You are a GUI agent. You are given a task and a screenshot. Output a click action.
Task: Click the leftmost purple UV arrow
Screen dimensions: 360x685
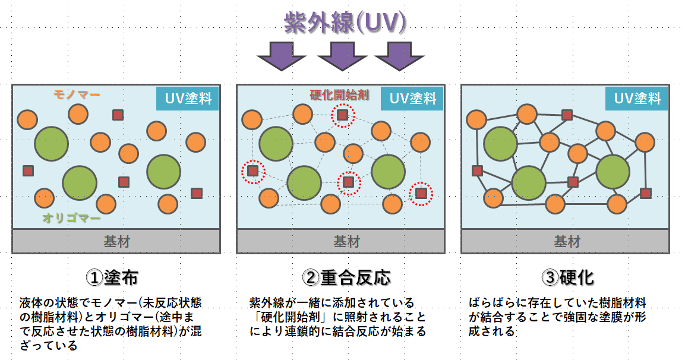coord(281,56)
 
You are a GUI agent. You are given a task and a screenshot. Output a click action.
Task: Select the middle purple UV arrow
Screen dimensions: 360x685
coord(342,56)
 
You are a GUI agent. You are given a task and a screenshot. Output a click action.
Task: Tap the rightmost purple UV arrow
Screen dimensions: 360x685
coord(399,56)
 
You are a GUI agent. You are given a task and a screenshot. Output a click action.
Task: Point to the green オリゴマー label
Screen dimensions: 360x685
coord(71,218)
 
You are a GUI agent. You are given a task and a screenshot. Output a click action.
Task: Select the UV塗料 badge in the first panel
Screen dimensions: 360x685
coord(188,98)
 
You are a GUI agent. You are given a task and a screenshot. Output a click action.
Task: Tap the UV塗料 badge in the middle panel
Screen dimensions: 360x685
coord(412,98)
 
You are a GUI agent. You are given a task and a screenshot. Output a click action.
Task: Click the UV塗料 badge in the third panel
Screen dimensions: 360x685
coord(637,98)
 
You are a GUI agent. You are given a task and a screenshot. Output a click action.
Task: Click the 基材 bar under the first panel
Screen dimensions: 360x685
coord(116,242)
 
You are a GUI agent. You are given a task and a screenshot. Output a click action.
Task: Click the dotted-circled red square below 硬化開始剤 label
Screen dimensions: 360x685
coord(343,115)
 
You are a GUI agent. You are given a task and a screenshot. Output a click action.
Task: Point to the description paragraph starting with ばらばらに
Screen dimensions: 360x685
coord(557,317)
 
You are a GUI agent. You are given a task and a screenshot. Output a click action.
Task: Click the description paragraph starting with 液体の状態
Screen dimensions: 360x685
coord(110,324)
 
